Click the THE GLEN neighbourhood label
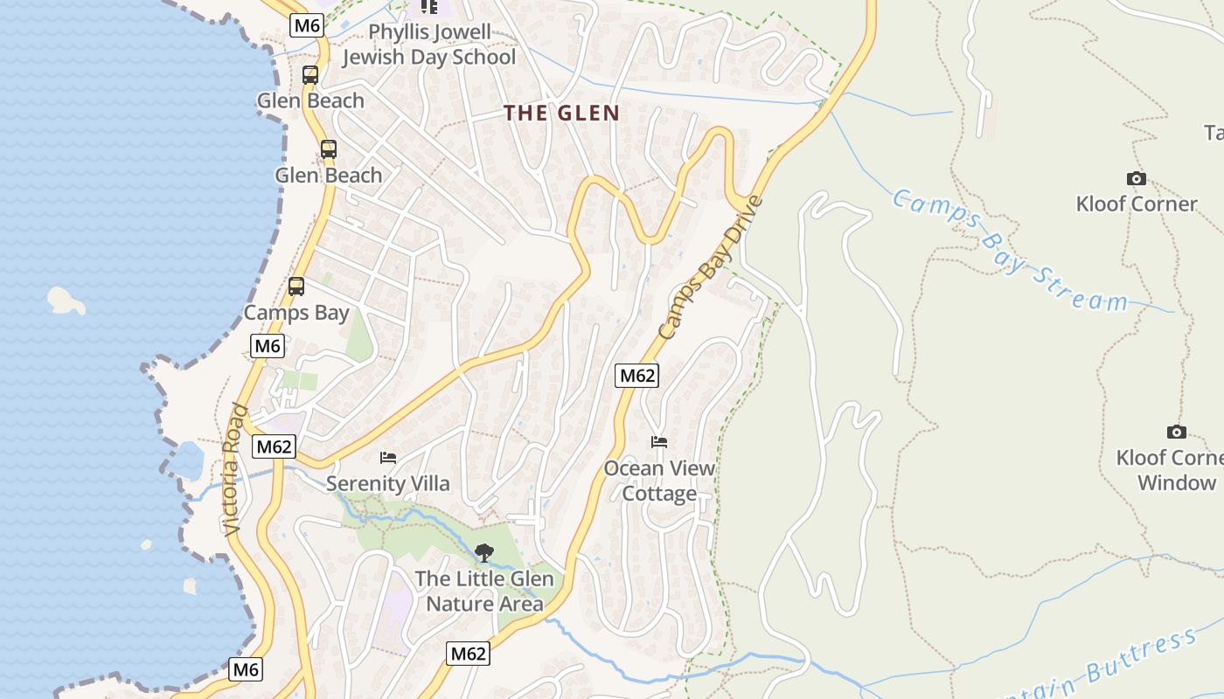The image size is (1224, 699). coord(561,113)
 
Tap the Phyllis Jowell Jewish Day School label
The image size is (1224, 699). coord(429,45)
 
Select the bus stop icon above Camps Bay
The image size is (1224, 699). coord(296,287)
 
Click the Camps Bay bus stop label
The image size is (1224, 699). coord(296,313)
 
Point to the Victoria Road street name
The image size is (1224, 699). coord(233,469)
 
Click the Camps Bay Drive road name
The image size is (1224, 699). coord(711,268)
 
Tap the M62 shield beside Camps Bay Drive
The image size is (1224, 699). coord(636,376)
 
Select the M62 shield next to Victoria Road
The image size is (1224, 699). coord(274,446)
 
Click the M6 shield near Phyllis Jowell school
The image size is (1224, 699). coord(307,25)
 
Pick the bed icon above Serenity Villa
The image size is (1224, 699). coord(388,458)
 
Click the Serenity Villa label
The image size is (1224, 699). coord(388,483)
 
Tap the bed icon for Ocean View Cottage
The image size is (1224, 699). coord(659,442)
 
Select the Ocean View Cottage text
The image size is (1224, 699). coord(659,481)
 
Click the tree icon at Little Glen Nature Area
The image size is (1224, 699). coord(483,552)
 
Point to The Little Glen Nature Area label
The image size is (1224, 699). coord(484,591)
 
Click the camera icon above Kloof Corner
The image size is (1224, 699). coord(1136,179)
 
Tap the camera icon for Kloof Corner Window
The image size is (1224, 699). coord(1177,432)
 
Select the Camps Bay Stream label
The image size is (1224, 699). coord(1010,252)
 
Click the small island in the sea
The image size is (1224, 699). coord(66,301)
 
